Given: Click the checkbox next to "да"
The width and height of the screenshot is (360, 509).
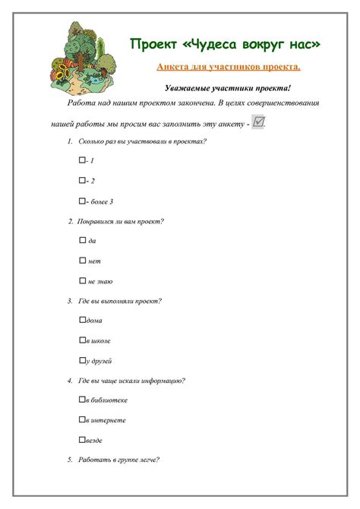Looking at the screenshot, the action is (x=82, y=240).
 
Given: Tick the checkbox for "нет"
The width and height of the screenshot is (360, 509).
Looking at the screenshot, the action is (x=82, y=260).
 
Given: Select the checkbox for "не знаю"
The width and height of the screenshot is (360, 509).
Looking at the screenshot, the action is (x=82, y=280).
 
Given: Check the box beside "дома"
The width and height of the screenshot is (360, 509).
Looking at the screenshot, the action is (x=82, y=320).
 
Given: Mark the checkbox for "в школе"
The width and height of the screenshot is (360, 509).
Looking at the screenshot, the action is (x=82, y=340).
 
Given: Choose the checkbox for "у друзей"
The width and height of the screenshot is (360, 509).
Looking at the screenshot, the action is (x=82, y=360).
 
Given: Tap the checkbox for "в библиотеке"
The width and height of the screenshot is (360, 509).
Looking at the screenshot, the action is (x=82, y=400).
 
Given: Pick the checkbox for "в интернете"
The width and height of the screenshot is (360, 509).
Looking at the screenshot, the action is (x=82, y=419).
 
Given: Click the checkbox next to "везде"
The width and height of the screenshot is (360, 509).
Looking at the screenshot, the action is (x=82, y=440).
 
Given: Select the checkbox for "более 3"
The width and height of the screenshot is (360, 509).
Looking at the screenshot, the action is (x=82, y=201).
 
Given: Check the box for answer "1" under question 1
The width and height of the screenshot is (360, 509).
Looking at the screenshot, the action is (x=82, y=160).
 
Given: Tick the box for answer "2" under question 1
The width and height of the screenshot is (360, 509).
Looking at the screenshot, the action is (x=82, y=180).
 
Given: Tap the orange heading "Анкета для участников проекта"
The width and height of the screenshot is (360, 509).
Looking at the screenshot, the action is (x=228, y=67).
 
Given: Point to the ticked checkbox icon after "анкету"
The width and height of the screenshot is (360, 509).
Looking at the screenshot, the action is (x=258, y=122).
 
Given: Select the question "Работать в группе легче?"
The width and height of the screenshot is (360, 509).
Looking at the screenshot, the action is (x=118, y=460).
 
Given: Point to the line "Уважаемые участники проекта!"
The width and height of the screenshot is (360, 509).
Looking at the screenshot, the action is (x=228, y=88).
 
